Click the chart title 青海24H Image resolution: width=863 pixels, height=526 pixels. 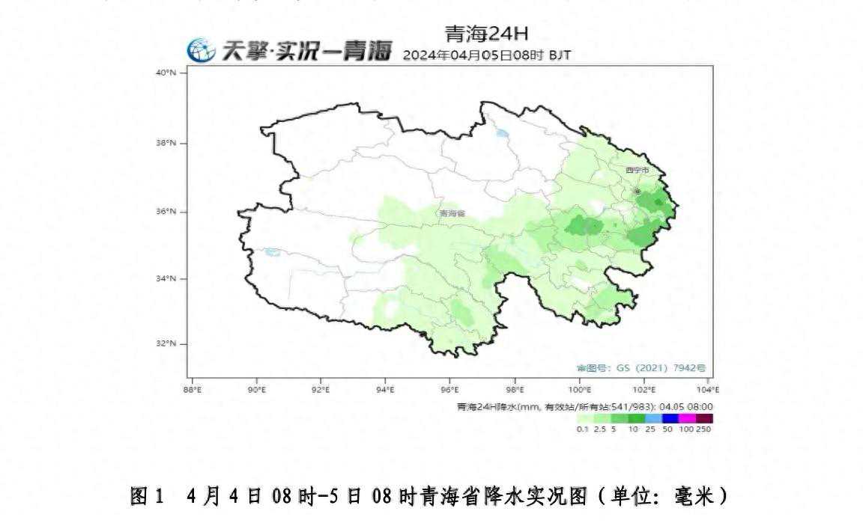coord(486,34)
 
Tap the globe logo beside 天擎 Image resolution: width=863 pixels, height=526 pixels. coord(201,51)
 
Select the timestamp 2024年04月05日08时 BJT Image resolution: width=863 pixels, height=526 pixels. coord(487,55)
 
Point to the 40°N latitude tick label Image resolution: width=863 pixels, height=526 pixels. coord(166,73)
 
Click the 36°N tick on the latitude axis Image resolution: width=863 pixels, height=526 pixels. coord(166,212)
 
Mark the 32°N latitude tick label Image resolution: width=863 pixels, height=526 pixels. coord(166,343)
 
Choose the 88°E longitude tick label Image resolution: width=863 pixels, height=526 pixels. coord(193,390)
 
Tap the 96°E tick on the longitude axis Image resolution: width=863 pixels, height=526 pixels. coord(449,390)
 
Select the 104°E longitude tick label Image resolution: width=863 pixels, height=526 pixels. coord(707,390)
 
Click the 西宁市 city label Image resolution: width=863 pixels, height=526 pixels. coord(638,171)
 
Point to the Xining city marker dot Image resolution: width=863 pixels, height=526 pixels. coord(637,192)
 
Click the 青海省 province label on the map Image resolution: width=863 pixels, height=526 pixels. coord(452,213)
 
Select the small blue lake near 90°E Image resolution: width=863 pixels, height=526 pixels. coord(272,252)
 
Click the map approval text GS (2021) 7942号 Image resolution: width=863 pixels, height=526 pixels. coord(641,368)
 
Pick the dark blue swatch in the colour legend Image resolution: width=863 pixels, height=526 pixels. coord(670,418)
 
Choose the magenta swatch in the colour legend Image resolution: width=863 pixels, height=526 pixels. coord(687,418)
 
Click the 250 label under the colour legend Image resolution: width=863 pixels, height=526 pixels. coord(703,429)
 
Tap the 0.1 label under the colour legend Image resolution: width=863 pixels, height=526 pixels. coord(582,429)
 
